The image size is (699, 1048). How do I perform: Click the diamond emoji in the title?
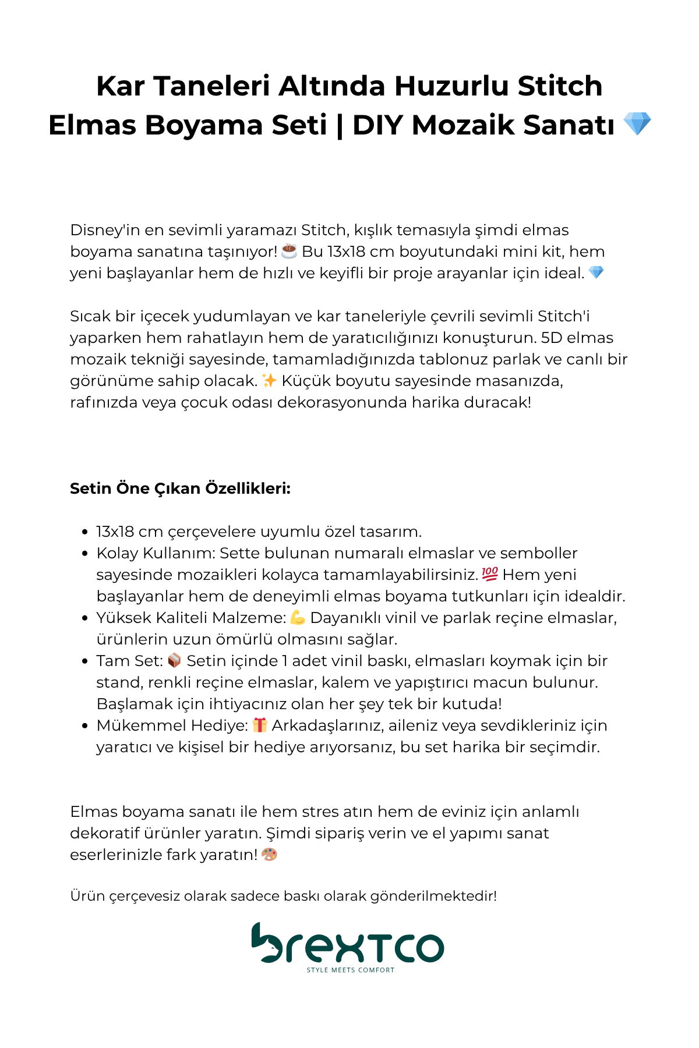click(x=637, y=124)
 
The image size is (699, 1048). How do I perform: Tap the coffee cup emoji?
click(x=289, y=251)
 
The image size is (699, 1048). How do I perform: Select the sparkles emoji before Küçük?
click(x=269, y=381)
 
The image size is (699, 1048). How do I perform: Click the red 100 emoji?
click(x=490, y=574)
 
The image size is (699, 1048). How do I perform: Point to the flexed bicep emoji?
click(x=298, y=617)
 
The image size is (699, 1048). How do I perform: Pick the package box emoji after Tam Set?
click(x=174, y=660)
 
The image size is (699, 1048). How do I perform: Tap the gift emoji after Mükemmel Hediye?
click(x=260, y=725)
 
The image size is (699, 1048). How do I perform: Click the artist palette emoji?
click(x=269, y=855)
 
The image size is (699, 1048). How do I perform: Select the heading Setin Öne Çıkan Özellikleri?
click(x=180, y=488)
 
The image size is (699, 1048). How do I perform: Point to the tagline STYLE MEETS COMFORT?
click(x=351, y=970)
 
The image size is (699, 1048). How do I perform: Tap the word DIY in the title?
click(x=377, y=125)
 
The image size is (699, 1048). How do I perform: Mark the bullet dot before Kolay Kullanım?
click(x=85, y=554)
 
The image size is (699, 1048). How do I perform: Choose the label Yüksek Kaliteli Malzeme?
click(x=191, y=617)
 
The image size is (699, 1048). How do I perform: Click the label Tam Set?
click(x=129, y=661)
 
